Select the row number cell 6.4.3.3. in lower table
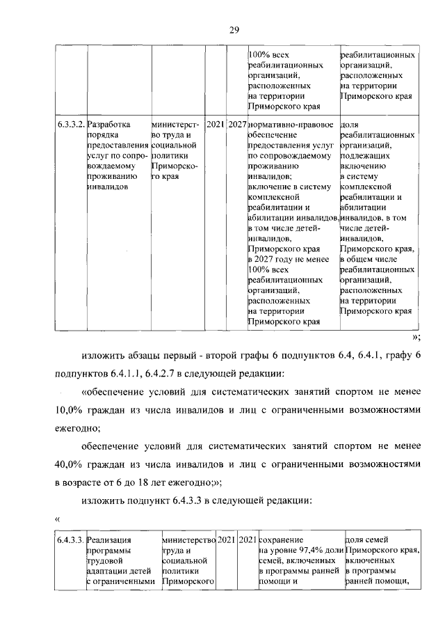pos(71,540)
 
